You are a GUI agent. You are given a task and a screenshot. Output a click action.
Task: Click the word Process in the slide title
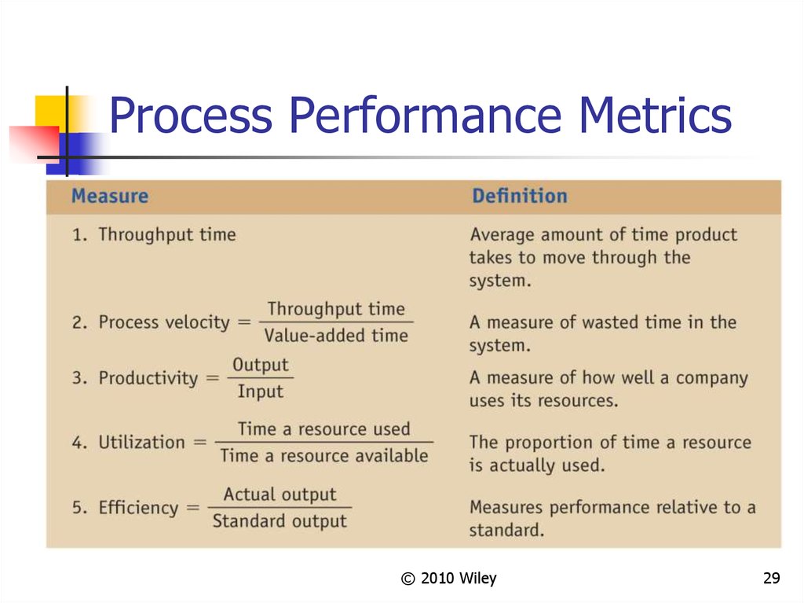click(x=191, y=116)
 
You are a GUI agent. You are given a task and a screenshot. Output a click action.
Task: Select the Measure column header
click(x=110, y=196)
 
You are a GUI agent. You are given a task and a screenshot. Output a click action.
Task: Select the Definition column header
click(x=519, y=196)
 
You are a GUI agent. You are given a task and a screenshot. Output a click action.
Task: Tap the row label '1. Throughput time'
click(x=154, y=234)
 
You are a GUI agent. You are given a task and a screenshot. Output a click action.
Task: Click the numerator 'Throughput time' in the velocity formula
click(x=336, y=308)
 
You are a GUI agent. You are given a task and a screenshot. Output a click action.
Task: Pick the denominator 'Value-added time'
click(x=336, y=336)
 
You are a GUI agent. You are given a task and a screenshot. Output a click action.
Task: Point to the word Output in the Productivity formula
click(x=261, y=365)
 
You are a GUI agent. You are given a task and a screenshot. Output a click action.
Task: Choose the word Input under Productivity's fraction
click(x=261, y=391)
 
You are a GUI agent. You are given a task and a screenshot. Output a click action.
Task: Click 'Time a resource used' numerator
click(x=323, y=428)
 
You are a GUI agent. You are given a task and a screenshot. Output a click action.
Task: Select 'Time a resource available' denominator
click(x=323, y=455)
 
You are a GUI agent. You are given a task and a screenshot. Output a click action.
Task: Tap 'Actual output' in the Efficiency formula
click(x=280, y=495)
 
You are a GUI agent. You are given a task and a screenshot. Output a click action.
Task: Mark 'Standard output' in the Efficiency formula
click(x=280, y=520)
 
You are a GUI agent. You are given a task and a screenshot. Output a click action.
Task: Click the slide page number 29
click(x=771, y=579)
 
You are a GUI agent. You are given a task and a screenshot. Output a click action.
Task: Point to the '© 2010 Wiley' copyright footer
click(x=448, y=579)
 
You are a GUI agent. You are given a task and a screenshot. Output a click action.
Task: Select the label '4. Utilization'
click(x=130, y=442)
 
